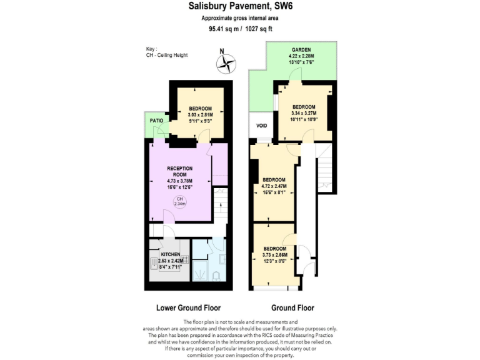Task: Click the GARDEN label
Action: point(301,50)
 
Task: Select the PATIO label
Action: point(156,120)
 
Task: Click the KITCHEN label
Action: point(171,255)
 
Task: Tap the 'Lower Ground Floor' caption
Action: point(187,308)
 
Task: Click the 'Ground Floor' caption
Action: point(292,308)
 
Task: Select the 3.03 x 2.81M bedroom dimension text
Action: point(201,115)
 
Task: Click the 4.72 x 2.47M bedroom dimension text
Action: point(274,186)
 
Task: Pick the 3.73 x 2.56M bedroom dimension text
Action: point(275,255)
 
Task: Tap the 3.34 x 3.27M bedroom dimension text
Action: point(304,113)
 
